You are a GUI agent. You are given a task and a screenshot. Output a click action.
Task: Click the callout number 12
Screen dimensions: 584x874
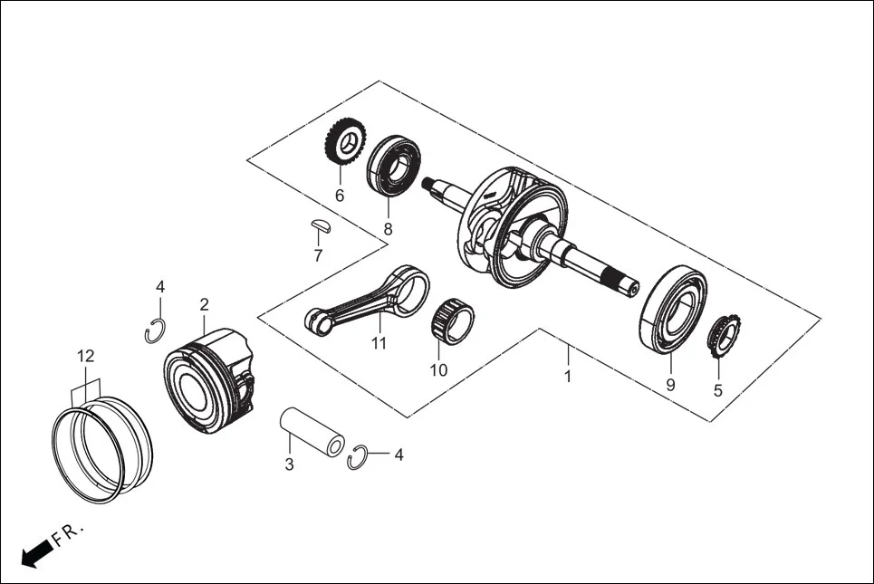coord(85,356)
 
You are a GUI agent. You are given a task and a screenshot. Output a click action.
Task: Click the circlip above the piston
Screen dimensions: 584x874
coord(155,331)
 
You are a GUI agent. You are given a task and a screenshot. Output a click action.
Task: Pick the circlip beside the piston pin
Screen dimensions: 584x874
coord(359,458)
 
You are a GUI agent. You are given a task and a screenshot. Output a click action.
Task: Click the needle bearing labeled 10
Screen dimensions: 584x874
coord(450,321)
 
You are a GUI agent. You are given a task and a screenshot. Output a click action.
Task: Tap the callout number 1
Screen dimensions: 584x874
coord(568,376)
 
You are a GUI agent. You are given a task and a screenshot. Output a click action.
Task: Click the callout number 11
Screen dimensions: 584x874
coord(379,343)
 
